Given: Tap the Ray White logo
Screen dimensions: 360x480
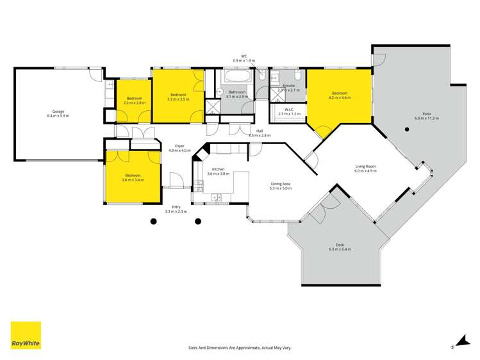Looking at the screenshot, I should [x=26, y=335].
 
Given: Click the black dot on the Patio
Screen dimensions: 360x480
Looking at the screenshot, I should [x=406, y=129].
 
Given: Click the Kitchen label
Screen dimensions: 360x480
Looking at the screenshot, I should [x=217, y=169].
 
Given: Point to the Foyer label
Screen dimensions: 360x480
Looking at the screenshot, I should [x=179, y=146].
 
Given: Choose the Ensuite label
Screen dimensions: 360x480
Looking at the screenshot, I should [x=288, y=85].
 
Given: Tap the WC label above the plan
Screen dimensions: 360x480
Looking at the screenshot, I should [x=244, y=56].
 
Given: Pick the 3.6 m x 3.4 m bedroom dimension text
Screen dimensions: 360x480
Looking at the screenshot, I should [x=133, y=179].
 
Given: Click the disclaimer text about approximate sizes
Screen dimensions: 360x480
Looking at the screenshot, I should [x=240, y=347].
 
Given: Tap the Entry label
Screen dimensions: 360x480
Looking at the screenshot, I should [x=176, y=207].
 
